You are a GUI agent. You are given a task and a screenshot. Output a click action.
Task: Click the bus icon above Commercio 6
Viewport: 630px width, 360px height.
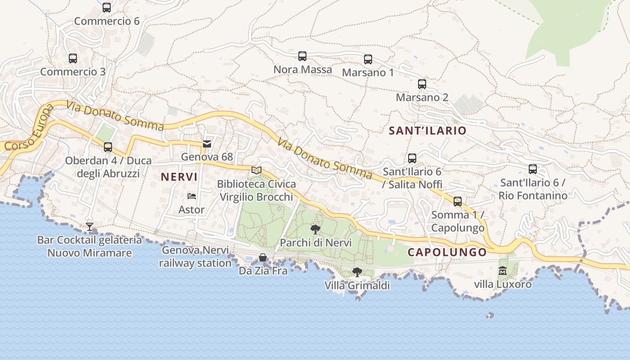point(107,8)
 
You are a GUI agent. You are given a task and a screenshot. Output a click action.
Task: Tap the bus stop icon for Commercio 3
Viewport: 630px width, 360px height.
point(73,58)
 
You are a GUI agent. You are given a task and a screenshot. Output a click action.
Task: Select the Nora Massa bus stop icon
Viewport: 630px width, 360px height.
point(302,56)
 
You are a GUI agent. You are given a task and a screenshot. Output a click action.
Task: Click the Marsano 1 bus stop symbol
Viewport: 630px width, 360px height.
point(368,59)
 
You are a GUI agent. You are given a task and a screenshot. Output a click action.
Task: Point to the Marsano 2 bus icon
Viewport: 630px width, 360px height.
point(422,84)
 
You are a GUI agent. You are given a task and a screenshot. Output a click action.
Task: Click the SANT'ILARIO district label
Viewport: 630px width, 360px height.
point(427,130)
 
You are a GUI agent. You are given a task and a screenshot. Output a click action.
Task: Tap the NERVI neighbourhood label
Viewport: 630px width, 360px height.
point(179,177)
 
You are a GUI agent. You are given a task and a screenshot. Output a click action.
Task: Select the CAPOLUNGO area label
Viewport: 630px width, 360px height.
point(447,252)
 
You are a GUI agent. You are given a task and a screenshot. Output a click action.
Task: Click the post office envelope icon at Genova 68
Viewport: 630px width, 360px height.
point(207,144)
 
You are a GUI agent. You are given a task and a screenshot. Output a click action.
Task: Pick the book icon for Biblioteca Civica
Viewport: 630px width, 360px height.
point(256,171)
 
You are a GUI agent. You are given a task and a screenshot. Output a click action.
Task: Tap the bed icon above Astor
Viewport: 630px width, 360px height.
point(192,196)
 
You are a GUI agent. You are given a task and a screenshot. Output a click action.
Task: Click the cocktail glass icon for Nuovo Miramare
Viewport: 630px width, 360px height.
point(90,226)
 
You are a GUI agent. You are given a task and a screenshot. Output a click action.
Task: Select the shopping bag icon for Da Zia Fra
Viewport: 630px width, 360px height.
point(263,257)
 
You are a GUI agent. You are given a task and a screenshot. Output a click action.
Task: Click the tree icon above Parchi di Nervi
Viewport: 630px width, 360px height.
point(315,229)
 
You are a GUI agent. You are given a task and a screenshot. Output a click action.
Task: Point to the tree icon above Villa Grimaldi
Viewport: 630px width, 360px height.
point(357,272)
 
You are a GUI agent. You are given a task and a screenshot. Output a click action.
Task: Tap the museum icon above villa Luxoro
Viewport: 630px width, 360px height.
point(503,271)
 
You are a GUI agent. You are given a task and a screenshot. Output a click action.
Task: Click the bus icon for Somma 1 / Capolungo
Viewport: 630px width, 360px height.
point(458,201)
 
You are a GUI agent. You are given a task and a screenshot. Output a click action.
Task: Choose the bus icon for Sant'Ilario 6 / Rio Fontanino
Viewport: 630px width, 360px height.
point(533,169)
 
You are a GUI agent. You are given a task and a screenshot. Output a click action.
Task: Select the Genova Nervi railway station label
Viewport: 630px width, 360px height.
point(195,256)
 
